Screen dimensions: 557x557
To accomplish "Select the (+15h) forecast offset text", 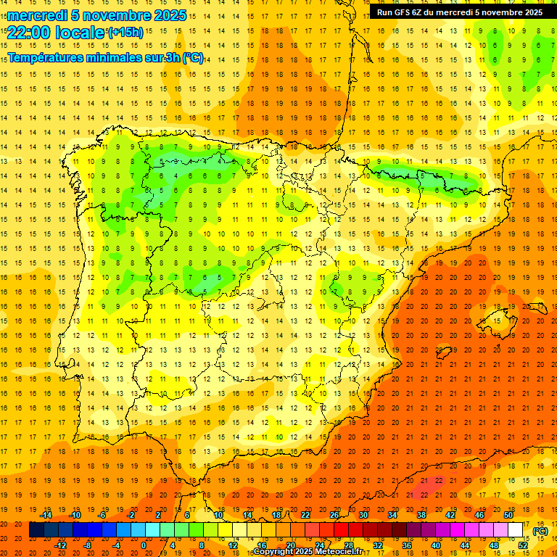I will [125, 32].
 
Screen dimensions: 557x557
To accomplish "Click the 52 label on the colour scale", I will [523, 545].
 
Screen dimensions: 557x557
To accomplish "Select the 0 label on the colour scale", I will [144, 545].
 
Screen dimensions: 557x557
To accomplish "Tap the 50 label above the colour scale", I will [508, 515].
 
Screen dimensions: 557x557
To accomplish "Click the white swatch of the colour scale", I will [516, 530].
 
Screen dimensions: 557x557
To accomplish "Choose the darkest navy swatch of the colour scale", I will [36, 530].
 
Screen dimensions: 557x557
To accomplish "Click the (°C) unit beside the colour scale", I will [540, 531].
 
